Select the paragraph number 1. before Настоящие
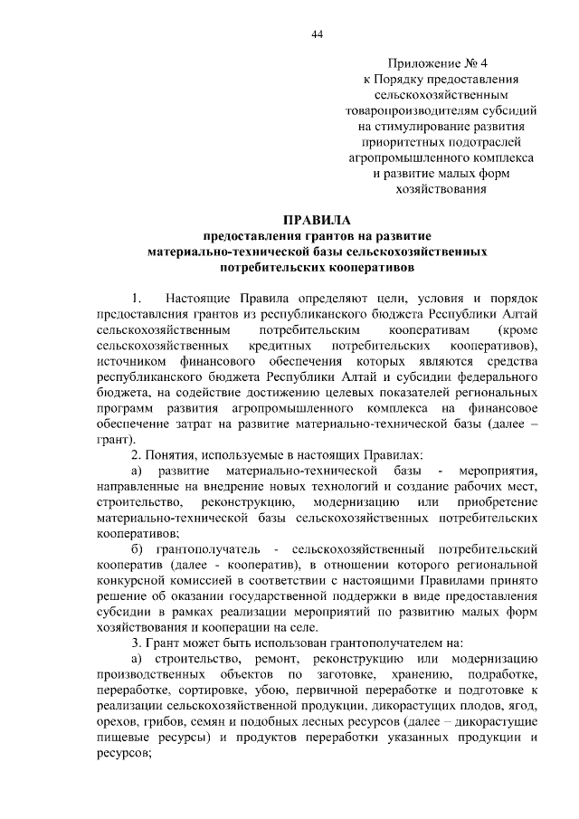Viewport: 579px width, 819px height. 138,299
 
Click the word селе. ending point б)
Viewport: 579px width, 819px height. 299,627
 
